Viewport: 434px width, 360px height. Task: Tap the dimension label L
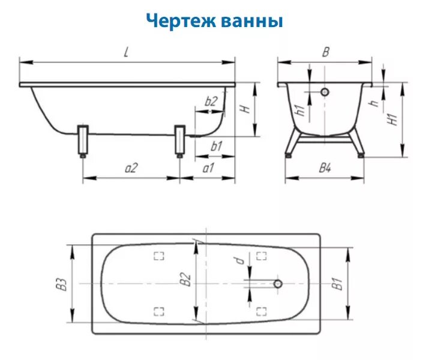tap(126, 52)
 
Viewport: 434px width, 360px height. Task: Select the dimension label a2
tap(131, 169)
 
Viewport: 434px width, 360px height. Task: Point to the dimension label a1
tap(208, 169)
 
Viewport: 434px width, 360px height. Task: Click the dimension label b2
tap(210, 101)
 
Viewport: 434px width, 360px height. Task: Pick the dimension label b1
tap(216, 146)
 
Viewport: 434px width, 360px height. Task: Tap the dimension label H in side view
tap(245, 109)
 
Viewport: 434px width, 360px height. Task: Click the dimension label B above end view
tap(325, 52)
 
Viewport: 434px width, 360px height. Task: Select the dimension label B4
tap(325, 169)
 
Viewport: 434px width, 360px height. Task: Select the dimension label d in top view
tap(239, 260)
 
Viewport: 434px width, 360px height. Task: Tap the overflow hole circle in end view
tap(325, 93)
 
